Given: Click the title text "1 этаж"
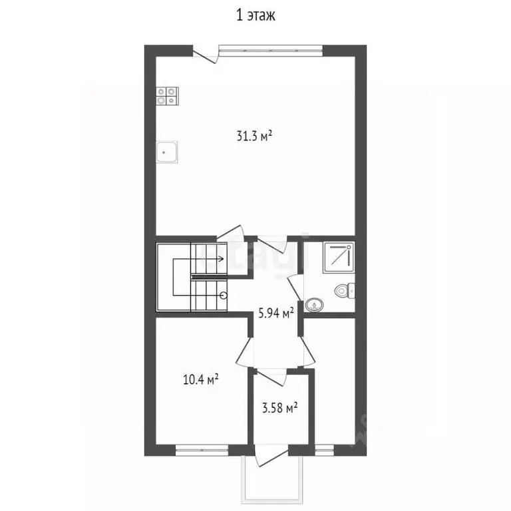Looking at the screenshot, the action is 255,15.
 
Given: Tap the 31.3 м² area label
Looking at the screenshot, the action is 254,136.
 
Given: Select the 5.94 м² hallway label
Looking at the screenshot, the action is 276,313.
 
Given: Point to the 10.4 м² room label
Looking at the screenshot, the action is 200,380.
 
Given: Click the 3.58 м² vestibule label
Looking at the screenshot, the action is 280,408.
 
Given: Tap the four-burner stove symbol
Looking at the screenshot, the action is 167,96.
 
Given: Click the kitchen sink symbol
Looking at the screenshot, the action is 167,152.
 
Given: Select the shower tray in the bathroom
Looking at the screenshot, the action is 338,257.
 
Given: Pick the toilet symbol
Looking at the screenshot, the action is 345,290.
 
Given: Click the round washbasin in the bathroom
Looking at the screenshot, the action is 314,305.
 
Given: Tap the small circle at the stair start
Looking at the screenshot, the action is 224,296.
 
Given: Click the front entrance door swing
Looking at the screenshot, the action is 271,456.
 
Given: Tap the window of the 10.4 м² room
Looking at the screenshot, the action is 202,450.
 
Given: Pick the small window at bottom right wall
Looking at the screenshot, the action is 325,450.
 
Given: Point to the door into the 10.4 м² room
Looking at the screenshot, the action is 244,353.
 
